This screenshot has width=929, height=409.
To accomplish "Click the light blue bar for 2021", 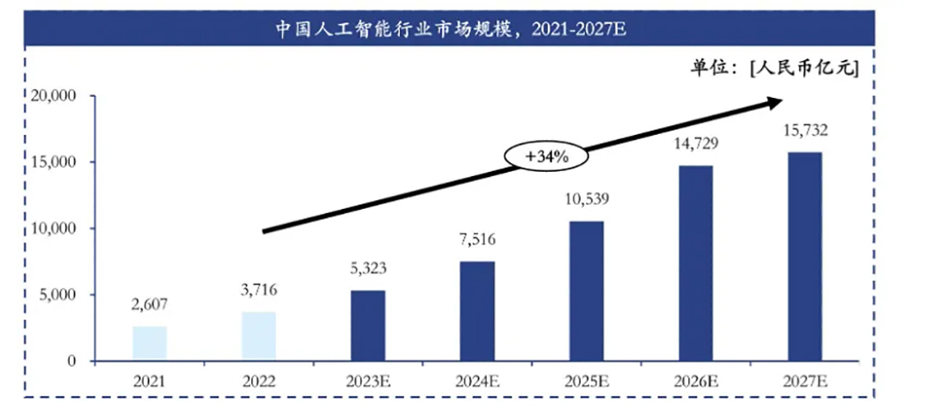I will point(150,343).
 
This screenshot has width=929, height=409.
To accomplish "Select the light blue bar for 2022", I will point(259,336).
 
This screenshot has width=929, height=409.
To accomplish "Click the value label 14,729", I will point(695,143).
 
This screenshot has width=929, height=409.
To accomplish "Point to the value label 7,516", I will point(477,238).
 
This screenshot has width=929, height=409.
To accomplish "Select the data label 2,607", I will point(150,303).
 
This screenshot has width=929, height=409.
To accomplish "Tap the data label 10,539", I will point(586,198).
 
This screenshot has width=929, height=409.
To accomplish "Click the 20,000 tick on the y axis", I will point(52,95).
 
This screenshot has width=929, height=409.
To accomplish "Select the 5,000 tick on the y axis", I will point(57,295).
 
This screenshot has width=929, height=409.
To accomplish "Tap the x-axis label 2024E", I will point(477,379).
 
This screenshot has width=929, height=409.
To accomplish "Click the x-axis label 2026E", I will point(695,379).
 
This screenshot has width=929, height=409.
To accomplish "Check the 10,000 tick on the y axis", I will point(52,229).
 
